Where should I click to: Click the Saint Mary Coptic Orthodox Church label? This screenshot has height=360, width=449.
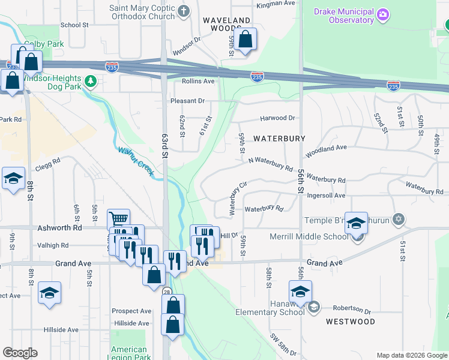pos(143,13)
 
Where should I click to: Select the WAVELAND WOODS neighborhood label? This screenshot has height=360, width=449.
pos(226,25)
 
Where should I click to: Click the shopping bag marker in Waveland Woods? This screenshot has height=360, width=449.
pos(245,40)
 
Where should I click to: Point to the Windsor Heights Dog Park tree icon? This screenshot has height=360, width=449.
pos(90,80)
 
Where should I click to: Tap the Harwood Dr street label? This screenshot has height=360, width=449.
pos(277,118)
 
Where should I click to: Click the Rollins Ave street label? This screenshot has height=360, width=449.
pos(198,81)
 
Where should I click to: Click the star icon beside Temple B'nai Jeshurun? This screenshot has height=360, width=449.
pos(397,218)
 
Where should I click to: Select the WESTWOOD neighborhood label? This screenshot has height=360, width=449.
pos(350,322)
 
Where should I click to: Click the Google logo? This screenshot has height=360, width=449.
pos(20,353)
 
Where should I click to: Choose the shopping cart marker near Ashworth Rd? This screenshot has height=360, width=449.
pos(119,219)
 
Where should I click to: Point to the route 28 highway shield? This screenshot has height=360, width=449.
pos(166,291)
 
